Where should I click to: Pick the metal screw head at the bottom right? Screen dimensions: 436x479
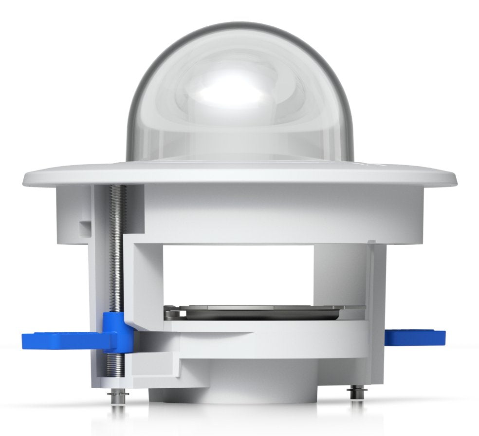point(355,391)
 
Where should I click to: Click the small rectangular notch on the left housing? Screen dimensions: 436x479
point(85,227)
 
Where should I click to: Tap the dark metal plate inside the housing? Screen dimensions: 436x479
point(263,312)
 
